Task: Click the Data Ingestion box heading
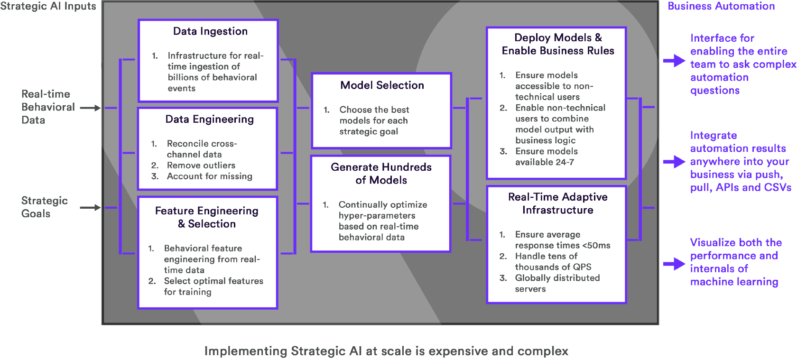point(210,31)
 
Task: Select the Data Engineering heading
point(210,119)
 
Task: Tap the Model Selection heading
point(382,85)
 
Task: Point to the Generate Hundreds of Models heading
point(381,174)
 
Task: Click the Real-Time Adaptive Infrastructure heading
point(557,203)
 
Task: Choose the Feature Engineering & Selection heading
point(207,217)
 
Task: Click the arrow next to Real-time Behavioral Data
point(90,108)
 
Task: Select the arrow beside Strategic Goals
point(90,207)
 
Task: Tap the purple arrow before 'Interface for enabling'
point(674,61)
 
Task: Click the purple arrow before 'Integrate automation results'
point(674,162)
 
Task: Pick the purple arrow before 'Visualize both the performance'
point(674,264)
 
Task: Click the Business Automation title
point(721,6)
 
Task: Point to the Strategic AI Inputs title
point(48,7)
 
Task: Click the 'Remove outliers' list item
point(201,166)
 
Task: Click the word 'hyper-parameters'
point(377,216)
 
